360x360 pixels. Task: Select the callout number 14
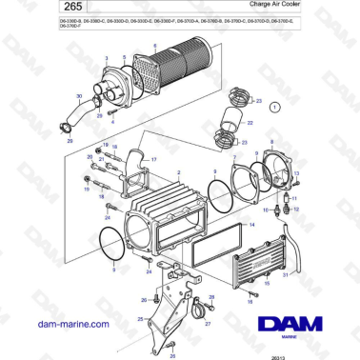[251, 225]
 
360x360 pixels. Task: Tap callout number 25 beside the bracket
[141, 319]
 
